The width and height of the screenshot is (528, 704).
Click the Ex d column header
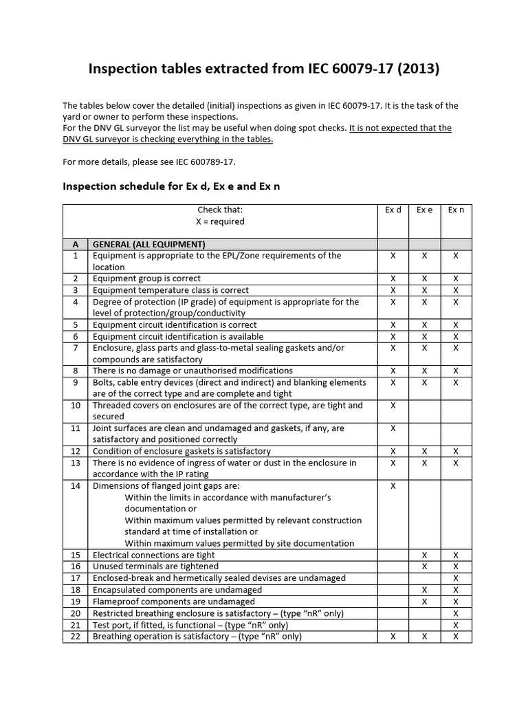(393, 210)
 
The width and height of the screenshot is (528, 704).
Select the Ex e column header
(425, 210)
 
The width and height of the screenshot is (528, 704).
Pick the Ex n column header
(456, 210)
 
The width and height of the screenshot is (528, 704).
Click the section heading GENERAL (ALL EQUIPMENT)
(149, 244)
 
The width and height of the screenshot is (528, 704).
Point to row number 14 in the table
(76, 486)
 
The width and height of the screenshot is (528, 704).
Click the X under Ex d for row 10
(393, 406)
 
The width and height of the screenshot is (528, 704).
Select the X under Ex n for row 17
(456, 578)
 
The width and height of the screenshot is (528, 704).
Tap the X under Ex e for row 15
(425, 555)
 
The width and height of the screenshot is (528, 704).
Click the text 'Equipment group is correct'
(146, 278)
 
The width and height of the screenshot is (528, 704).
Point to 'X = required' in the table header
(220, 222)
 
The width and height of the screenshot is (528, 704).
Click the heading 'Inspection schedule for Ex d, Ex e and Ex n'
(172, 186)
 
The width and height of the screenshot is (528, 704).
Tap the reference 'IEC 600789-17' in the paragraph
(199, 162)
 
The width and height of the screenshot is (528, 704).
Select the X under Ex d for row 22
(393, 637)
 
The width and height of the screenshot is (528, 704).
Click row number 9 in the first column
(76, 382)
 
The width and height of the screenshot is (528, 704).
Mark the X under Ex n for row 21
(456, 625)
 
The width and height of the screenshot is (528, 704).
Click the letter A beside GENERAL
(76, 244)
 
